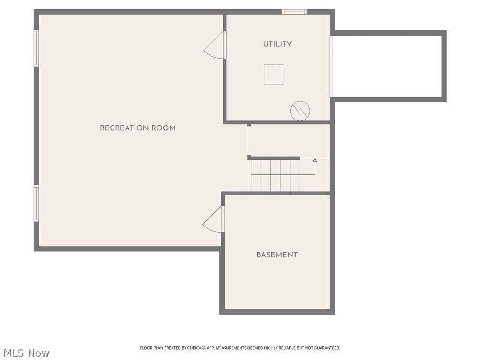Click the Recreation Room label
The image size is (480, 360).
138,128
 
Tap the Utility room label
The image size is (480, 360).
277,44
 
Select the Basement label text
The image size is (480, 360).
277,255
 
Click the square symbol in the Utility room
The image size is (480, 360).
274,75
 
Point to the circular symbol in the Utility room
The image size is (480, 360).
300,111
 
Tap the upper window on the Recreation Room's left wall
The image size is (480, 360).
36,48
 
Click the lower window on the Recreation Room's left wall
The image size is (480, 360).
36,202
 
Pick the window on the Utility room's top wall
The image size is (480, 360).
294,12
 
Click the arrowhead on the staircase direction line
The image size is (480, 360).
315,160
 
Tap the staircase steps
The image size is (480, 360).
275,175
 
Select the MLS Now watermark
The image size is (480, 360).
26,353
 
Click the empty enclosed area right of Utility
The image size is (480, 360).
387,66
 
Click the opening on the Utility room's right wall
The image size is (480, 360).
331,66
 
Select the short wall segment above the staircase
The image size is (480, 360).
275,158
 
